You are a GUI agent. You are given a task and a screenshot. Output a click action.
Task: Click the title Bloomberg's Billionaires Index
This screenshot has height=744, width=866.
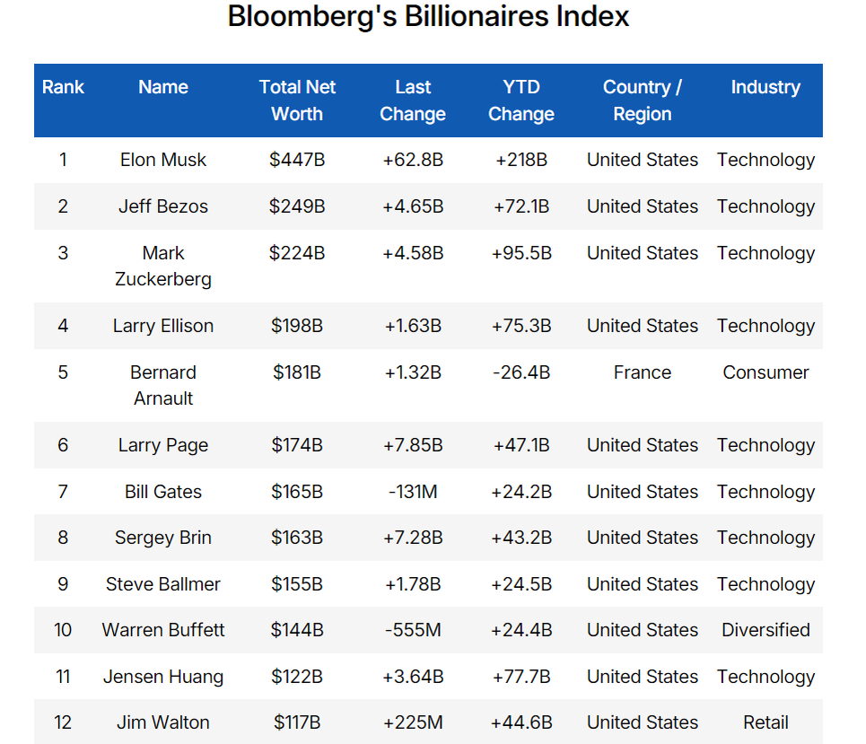(x=428, y=17)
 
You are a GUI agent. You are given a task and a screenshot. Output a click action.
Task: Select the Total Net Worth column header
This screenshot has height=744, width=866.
(x=297, y=101)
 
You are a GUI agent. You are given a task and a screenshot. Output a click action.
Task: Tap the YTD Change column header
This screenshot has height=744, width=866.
(x=520, y=101)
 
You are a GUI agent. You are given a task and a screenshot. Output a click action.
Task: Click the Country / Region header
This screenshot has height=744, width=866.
(x=642, y=101)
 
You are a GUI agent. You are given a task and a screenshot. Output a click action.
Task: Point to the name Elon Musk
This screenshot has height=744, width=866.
(x=163, y=160)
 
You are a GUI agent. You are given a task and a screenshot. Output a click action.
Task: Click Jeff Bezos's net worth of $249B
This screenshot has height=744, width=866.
(x=297, y=206)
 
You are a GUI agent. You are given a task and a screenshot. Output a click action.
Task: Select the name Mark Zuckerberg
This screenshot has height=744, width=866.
(x=163, y=266)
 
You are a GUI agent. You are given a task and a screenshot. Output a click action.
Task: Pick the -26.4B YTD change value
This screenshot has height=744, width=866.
(x=520, y=372)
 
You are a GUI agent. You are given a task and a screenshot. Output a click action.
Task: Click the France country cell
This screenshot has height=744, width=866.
(x=642, y=372)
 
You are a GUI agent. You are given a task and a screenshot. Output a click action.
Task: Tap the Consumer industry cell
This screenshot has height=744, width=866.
(x=765, y=372)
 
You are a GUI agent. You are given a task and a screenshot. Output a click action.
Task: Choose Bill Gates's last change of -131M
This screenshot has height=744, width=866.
(x=413, y=492)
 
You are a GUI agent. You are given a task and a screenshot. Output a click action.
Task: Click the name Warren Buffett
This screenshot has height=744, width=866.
(x=163, y=630)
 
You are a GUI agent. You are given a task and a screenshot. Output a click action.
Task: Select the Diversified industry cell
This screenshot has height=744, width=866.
(x=765, y=630)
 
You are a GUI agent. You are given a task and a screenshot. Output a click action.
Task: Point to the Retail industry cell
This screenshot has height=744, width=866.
(x=765, y=722)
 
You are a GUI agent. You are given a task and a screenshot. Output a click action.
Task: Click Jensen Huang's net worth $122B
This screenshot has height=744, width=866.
(x=297, y=677)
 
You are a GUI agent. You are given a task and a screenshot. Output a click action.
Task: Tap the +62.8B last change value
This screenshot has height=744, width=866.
(x=413, y=160)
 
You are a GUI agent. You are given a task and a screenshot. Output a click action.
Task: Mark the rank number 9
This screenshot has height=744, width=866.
(x=63, y=584)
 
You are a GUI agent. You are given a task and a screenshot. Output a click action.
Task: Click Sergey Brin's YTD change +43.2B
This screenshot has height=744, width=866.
(x=520, y=538)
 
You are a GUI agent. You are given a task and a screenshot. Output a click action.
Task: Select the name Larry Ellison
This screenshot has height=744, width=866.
(x=163, y=326)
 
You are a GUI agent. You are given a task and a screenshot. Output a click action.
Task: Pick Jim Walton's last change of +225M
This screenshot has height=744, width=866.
(x=413, y=722)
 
